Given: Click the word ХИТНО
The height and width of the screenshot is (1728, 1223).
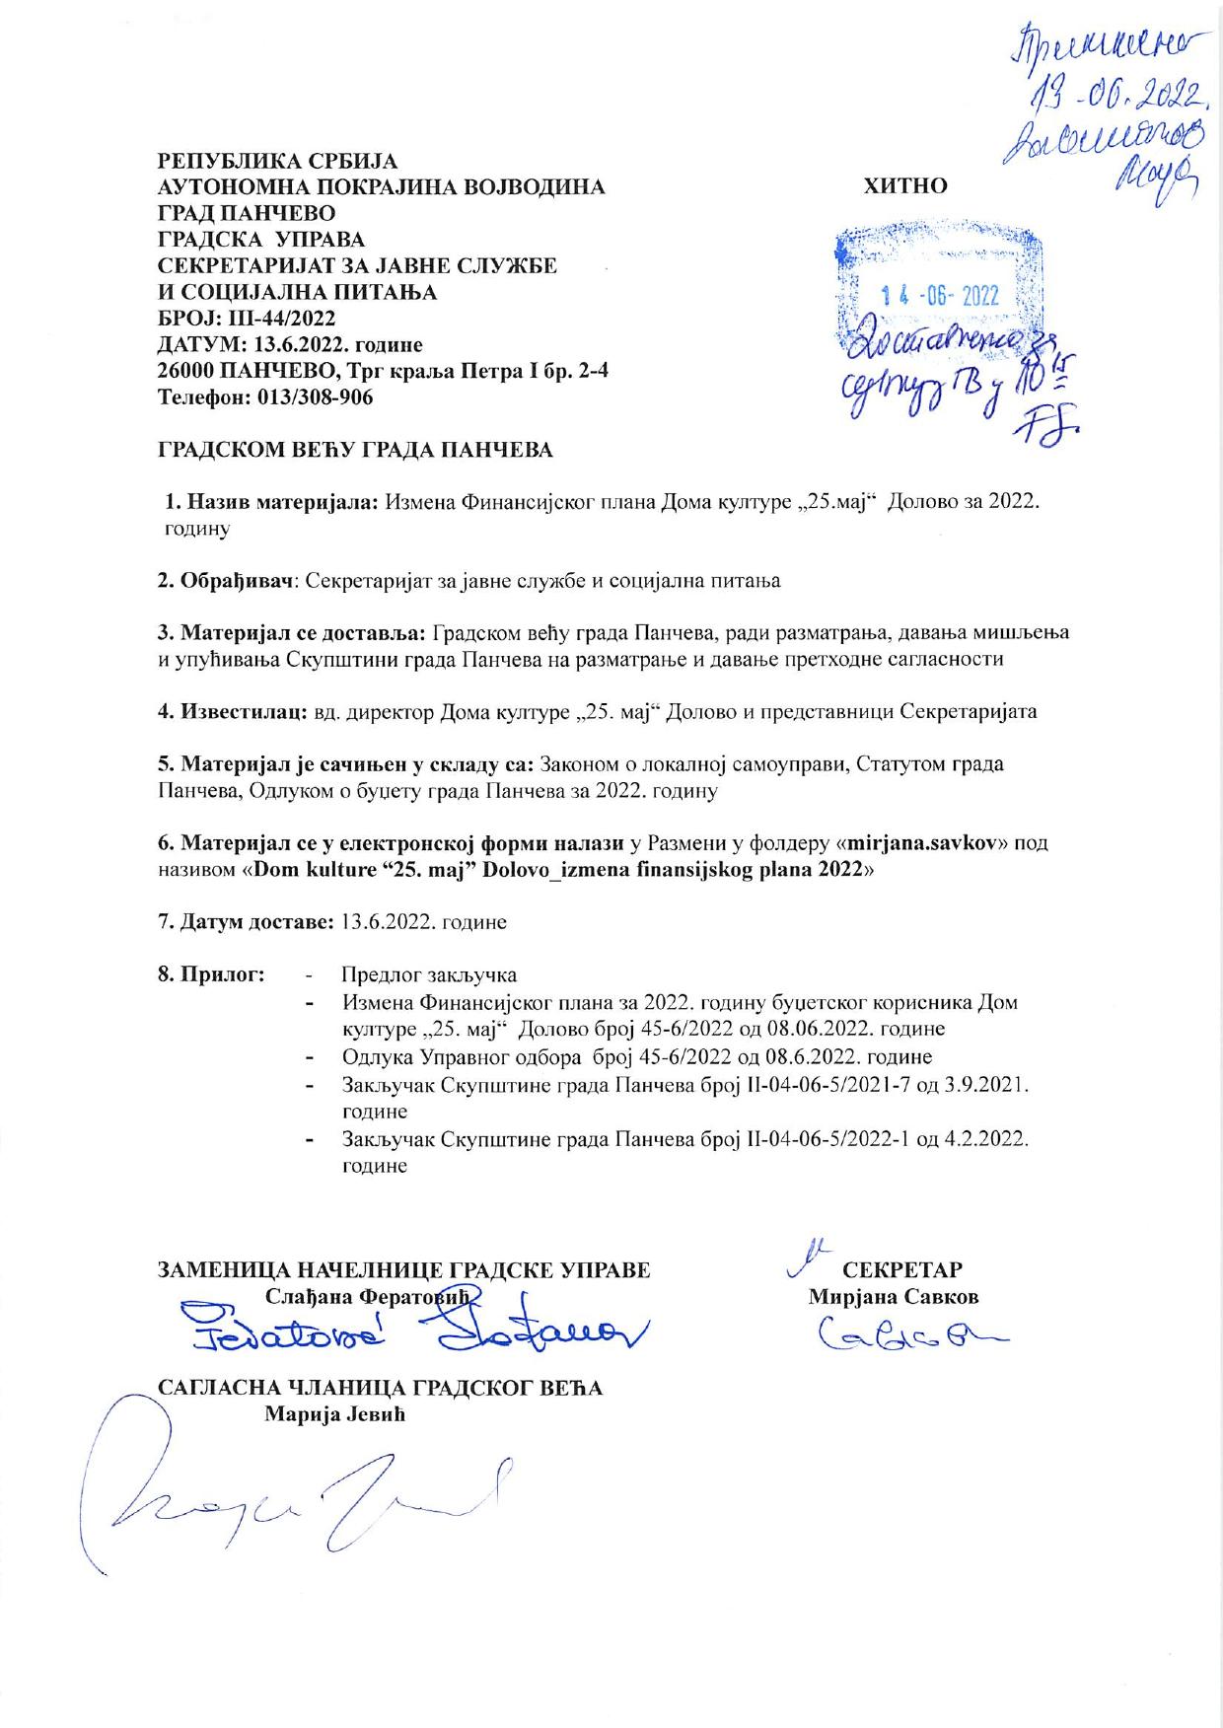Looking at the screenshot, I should click(904, 185).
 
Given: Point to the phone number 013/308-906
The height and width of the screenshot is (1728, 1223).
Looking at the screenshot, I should click(316, 398).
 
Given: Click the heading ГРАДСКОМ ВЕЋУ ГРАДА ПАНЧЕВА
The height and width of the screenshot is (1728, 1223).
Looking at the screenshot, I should click(356, 451).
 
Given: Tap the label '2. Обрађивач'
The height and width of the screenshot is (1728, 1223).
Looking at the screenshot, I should click(228, 581).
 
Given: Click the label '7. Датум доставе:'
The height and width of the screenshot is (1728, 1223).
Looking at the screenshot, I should click(246, 923).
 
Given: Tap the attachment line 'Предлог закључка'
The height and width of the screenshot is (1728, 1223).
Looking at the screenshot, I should click(429, 975).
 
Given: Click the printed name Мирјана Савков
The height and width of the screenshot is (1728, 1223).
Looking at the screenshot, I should click(894, 1297).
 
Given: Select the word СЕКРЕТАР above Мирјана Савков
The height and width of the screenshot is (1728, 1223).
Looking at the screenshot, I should click(902, 1269).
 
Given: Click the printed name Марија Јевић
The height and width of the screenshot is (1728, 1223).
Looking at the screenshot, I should click(335, 1414).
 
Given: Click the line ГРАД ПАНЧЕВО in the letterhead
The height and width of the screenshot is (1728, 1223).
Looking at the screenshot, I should click(247, 213).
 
